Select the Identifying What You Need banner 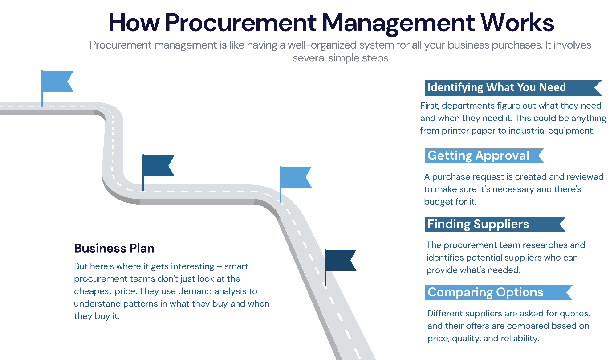pos(496,87)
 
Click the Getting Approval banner pos(479,155)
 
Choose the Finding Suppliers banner pos(479,224)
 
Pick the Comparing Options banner pos(485,292)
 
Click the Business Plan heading pos(114,248)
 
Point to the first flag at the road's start pos(56,82)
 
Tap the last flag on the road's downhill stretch pos(339,261)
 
